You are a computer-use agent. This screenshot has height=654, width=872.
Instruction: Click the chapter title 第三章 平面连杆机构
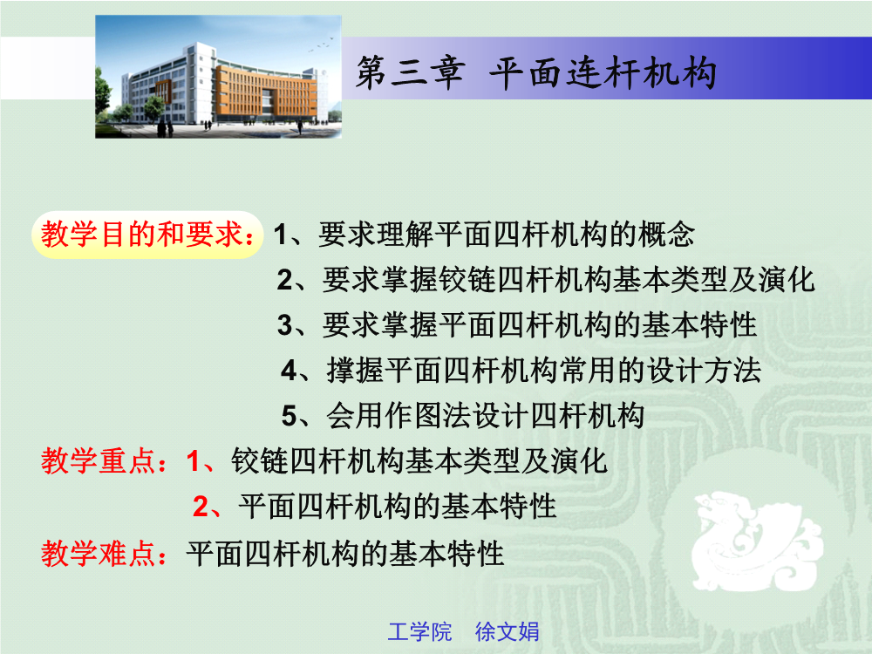pyautogui.click(x=536, y=73)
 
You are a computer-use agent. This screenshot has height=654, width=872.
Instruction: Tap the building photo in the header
pyautogui.click(x=219, y=77)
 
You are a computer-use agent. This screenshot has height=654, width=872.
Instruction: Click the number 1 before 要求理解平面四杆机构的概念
pyautogui.click(x=281, y=234)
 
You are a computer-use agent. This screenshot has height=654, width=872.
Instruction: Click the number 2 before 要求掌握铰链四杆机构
pyautogui.click(x=285, y=280)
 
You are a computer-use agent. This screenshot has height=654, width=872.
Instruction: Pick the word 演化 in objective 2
pyautogui.click(x=786, y=280)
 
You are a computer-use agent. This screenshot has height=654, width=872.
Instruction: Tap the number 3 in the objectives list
pyautogui.click(x=285, y=325)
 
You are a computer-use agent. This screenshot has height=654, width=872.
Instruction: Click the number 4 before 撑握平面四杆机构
pyautogui.click(x=290, y=371)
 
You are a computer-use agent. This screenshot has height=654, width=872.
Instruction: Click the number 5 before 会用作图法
pyautogui.click(x=290, y=416)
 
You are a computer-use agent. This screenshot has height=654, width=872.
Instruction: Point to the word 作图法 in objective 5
pyautogui.click(x=427, y=416)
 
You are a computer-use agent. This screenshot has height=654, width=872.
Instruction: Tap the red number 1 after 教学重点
pyautogui.click(x=193, y=461)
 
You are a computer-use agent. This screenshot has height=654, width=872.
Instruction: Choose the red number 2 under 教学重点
pyautogui.click(x=201, y=507)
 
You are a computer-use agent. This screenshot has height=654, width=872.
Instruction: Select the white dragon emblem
pyautogui.click(x=756, y=541)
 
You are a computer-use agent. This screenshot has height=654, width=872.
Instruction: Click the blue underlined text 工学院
pyautogui.click(x=419, y=632)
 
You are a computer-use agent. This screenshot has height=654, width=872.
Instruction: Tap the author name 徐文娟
pyautogui.click(x=507, y=632)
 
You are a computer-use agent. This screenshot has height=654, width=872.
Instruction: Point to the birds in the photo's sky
pyautogui.click(x=322, y=45)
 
